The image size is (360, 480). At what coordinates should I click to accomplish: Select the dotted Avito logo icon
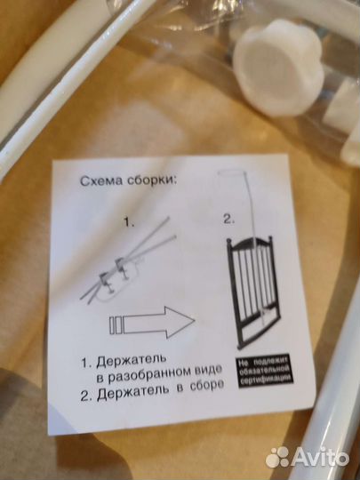coord(277,457)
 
